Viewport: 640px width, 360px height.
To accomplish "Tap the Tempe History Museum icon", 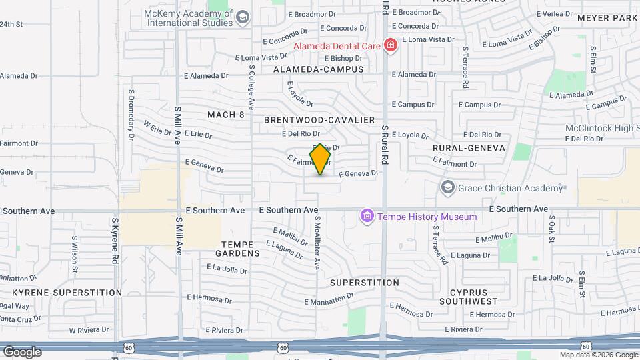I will [366, 217].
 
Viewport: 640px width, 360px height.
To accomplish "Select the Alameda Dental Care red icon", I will [390, 45].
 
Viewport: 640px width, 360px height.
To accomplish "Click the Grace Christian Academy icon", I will [447, 187].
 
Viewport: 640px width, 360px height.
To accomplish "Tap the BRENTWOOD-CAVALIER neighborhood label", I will [319, 120].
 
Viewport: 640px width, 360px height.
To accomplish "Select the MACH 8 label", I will [225, 115].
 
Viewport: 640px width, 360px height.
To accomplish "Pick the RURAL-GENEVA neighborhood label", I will [469, 147].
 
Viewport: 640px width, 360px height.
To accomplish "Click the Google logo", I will [22, 352].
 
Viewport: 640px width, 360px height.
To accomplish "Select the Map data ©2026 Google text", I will [599, 355].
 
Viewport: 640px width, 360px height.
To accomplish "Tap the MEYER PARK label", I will [607, 18].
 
